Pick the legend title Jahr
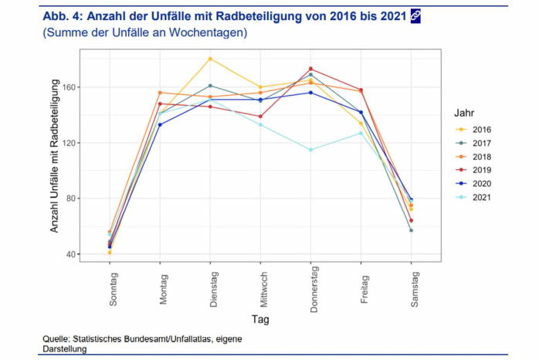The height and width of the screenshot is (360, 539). point(463,112)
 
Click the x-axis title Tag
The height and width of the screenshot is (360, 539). point(260,319)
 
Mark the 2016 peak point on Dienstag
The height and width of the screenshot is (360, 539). point(210,59)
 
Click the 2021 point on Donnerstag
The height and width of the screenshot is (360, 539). point(310,150)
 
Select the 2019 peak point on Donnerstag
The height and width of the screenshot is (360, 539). point(310,69)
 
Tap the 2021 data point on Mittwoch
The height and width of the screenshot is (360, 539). point(260,124)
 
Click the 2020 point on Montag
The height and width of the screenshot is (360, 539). point(160,124)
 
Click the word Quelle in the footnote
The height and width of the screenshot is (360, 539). point(58,339)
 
